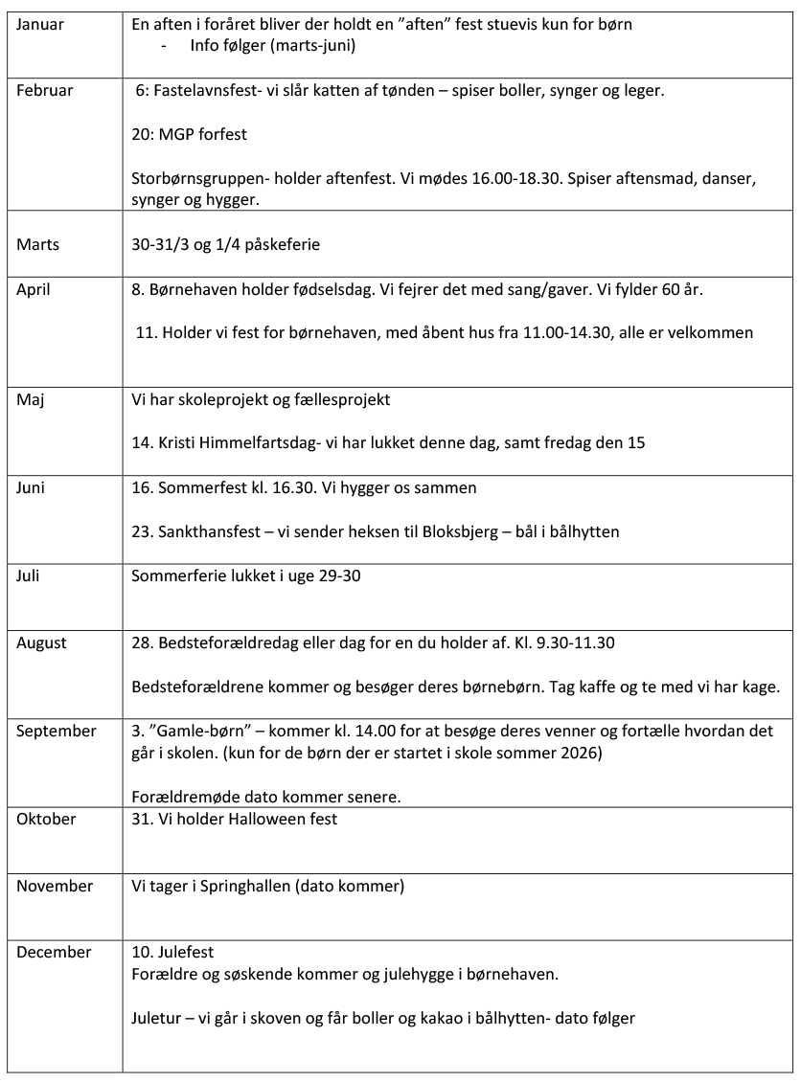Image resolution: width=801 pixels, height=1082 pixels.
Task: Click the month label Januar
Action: click(40, 24)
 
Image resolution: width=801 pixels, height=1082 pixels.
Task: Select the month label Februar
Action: click(44, 91)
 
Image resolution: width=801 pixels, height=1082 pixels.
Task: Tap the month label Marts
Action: click(37, 244)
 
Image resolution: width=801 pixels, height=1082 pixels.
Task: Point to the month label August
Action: click(41, 642)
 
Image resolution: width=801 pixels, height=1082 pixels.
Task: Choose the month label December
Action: click(54, 952)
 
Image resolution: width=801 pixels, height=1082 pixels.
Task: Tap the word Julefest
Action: click(182, 952)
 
